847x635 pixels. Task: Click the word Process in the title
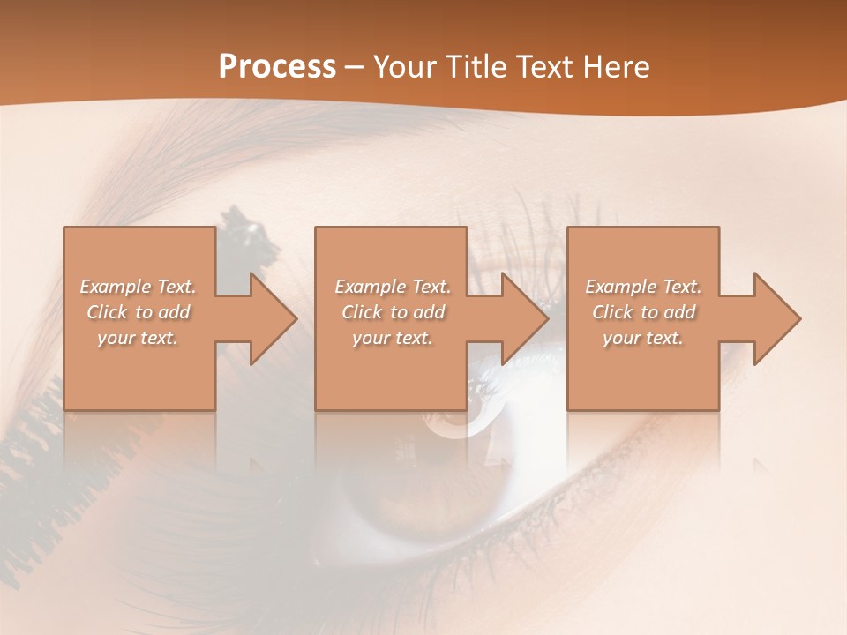(277, 66)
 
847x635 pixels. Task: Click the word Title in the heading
(472, 66)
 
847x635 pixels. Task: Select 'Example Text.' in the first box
(139, 287)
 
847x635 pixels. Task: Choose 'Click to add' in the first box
(139, 312)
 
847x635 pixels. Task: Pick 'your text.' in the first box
(139, 338)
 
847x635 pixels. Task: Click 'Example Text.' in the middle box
(393, 287)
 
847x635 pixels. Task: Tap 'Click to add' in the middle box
(393, 312)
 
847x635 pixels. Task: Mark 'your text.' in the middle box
(393, 338)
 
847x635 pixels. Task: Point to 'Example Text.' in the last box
(643, 287)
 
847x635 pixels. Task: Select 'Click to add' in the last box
(643, 312)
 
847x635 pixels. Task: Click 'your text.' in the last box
(643, 338)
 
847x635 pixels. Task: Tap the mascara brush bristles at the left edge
(31, 441)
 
